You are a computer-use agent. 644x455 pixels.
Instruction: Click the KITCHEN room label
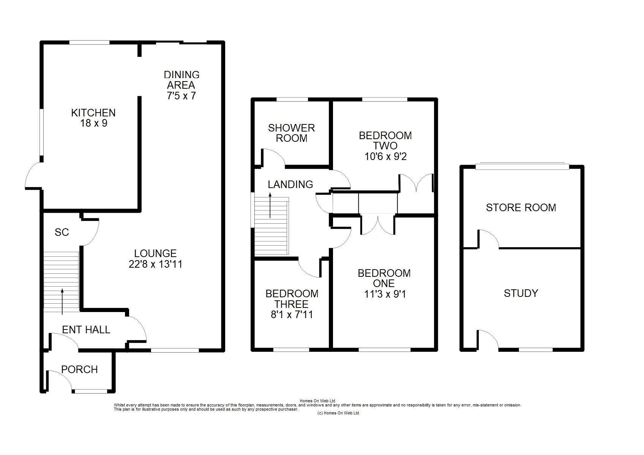point(93,113)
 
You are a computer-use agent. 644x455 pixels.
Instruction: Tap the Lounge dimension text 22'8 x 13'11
point(156,264)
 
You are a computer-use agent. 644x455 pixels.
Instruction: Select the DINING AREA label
point(182,80)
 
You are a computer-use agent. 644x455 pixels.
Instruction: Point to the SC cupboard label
point(62,232)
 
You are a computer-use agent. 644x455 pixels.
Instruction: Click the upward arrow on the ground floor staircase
point(62,301)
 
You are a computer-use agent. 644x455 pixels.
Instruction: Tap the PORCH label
point(80,369)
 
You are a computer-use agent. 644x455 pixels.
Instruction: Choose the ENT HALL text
point(86,330)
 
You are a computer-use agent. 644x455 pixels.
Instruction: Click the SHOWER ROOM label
point(292,133)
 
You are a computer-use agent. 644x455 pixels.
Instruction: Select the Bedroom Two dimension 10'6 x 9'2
point(385,157)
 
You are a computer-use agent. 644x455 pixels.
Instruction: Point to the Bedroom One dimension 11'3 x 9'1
point(385,294)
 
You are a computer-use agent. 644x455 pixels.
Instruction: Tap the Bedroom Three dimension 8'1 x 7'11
point(292,315)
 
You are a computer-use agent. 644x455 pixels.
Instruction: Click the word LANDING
point(290,184)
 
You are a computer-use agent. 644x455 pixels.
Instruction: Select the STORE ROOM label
point(521,207)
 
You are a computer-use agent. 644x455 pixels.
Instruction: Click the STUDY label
point(521,293)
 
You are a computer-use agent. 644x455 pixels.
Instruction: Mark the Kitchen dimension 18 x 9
point(94,123)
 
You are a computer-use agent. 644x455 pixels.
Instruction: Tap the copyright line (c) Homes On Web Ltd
point(338,413)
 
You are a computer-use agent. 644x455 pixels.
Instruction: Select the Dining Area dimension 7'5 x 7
point(182,96)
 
